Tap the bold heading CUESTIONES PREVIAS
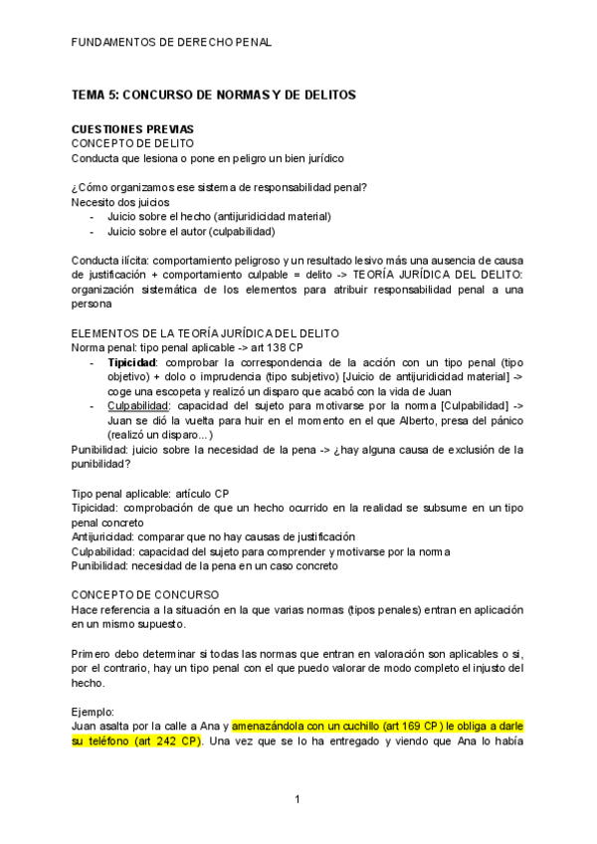[139, 129]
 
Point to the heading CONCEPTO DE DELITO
[138, 143]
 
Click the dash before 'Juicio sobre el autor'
[93, 231]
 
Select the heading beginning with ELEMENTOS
[206, 332]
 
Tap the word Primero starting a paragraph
[94, 653]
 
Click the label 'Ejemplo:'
[94, 712]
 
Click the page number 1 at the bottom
[298, 799]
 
